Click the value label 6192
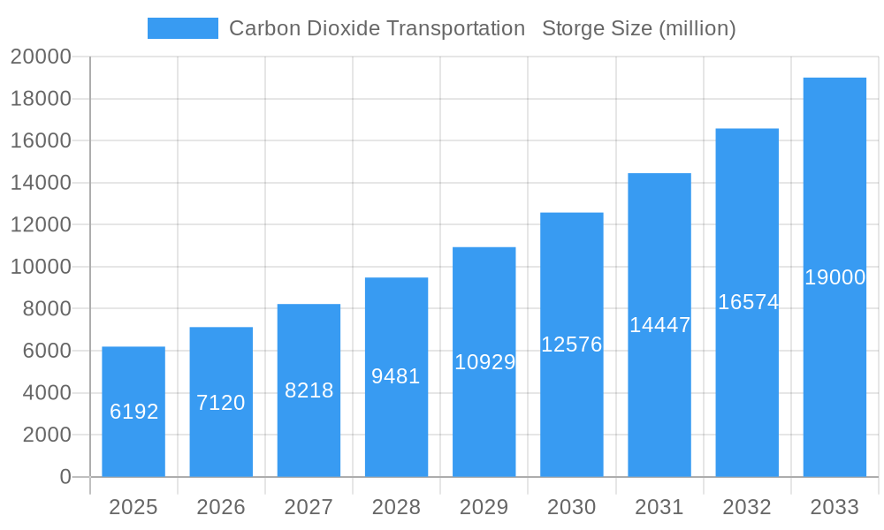133,412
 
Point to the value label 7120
221,403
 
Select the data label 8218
309,390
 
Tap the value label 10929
484,362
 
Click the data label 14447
659,325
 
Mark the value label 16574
748,302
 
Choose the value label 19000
834,277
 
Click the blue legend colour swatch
182,28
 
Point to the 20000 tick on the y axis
41,57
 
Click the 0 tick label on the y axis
65,477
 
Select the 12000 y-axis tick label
41,225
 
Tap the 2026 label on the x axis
221,507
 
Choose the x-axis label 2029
484,507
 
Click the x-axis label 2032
748,507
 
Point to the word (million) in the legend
697,28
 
